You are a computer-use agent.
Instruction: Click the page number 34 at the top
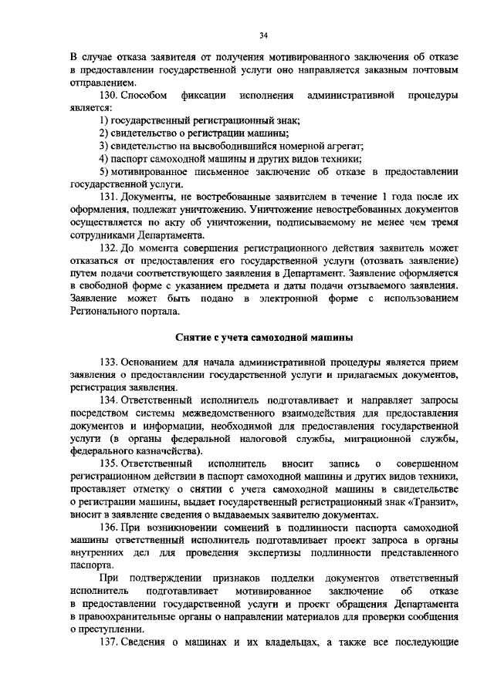point(263,34)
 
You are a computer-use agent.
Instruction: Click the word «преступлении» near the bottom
point(107,628)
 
